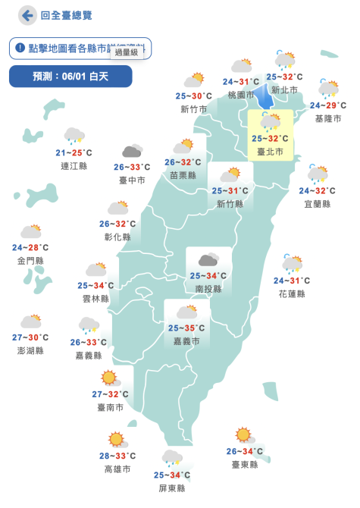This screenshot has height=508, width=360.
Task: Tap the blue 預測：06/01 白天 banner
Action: (70, 77)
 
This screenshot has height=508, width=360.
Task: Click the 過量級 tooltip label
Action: (127, 52)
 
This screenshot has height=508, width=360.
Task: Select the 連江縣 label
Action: (74, 165)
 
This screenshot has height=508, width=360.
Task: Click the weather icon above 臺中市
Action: (133, 152)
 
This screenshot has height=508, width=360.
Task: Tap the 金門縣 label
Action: (30, 260)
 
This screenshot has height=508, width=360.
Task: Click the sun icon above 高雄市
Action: (116, 438)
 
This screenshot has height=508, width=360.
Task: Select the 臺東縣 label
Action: (245, 464)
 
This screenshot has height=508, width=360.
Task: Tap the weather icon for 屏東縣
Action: (172, 457)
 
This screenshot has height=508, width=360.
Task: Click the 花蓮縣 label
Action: (292, 293)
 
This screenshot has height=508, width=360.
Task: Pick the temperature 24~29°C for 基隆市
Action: (328, 105)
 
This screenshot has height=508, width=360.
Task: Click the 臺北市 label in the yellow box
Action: (270, 152)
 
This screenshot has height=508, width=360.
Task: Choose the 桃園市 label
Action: (241, 95)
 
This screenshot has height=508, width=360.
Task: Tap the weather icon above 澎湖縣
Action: (31, 321)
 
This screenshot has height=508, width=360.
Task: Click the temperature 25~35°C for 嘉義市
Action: (186, 328)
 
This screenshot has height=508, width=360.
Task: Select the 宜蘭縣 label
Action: (317, 204)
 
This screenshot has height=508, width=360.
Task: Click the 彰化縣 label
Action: (117, 237)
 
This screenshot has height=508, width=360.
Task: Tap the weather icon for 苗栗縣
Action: (183, 146)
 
